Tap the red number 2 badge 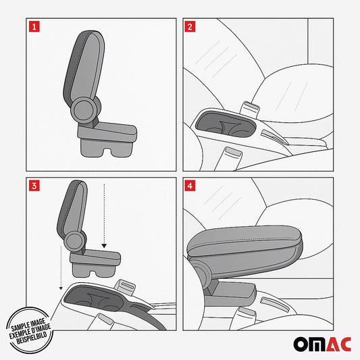coord(190,27)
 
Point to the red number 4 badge coord(190,184)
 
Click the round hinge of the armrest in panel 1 coord(86,107)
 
